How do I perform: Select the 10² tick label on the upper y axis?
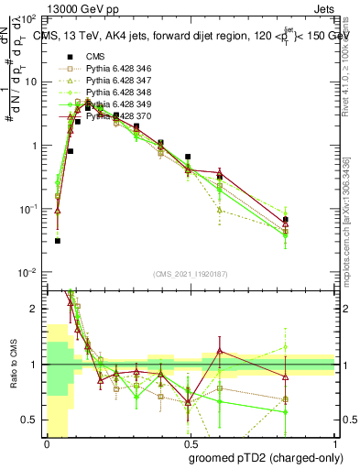click(30, 19)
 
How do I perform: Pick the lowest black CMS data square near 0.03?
click(58, 241)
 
